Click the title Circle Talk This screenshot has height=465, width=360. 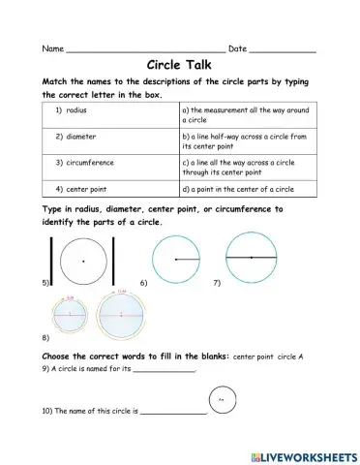click(x=180, y=65)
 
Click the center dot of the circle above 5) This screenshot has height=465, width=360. click(x=84, y=262)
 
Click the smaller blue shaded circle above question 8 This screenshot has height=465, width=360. click(x=70, y=314)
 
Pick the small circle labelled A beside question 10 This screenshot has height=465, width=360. click(x=222, y=399)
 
